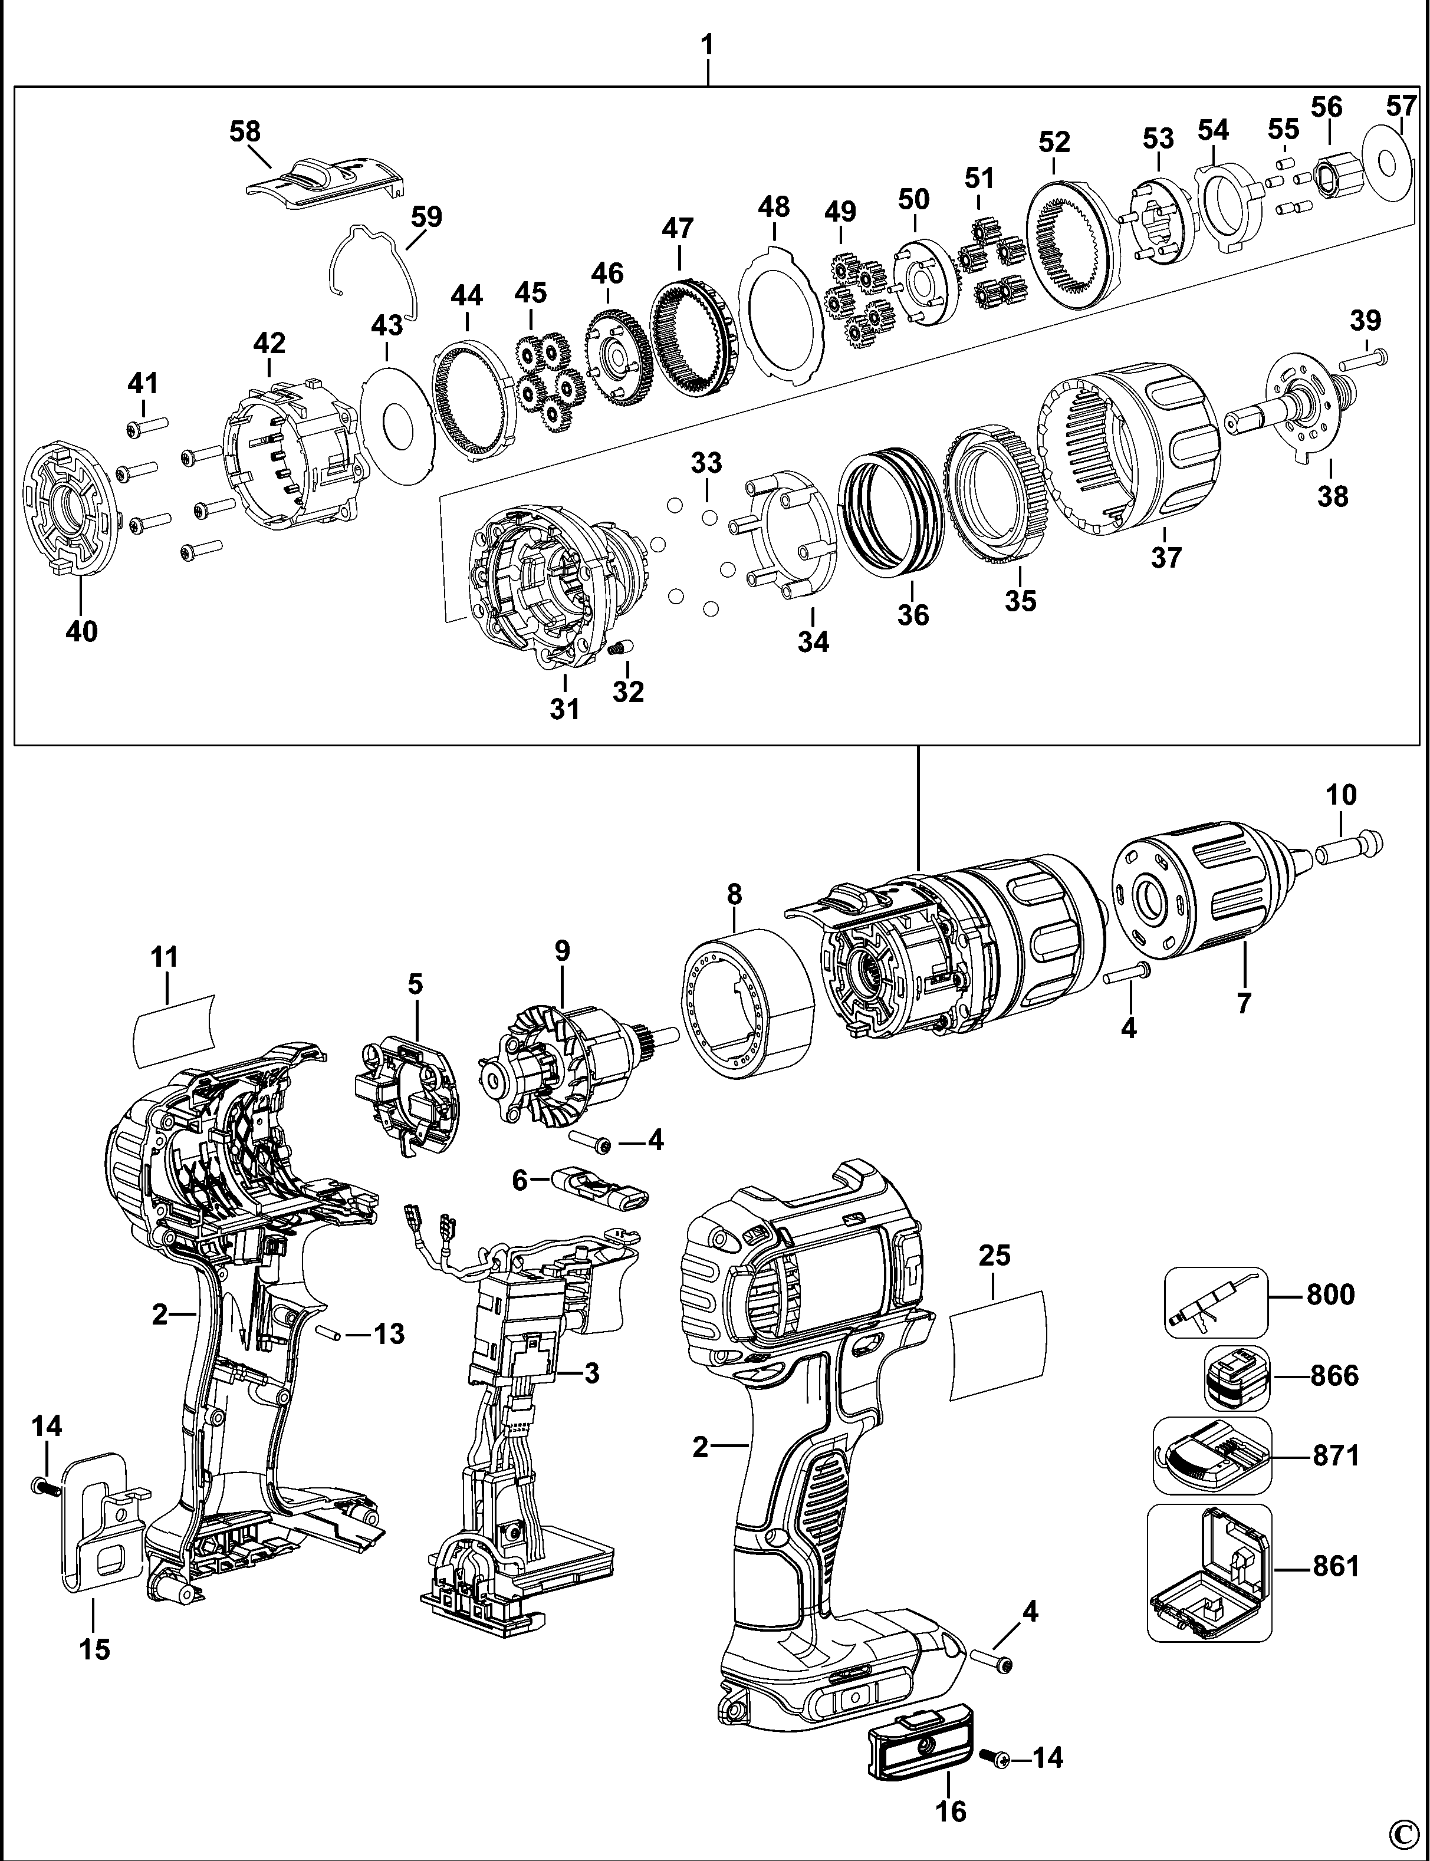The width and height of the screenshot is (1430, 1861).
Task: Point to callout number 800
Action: coord(1330,1295)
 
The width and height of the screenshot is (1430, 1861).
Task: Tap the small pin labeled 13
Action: coord(328,1333)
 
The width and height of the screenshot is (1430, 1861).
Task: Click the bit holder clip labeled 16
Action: coord(919,1736)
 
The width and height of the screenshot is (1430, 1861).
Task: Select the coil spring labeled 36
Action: coord(890,513)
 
